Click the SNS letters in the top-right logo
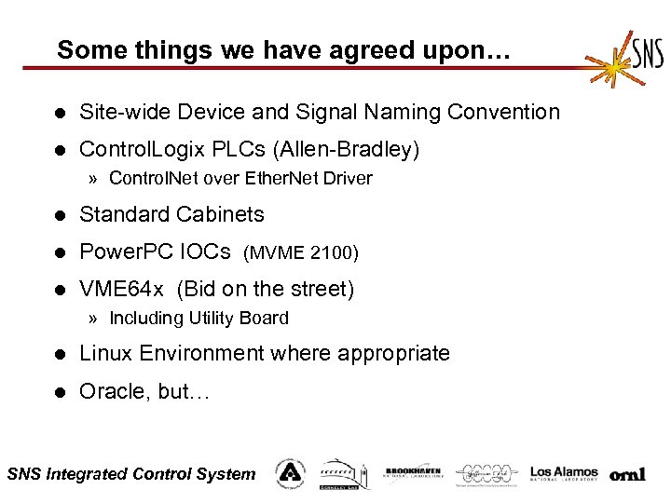647,50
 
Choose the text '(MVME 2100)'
301,252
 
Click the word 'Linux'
106,354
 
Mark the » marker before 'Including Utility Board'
94,319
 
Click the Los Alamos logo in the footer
563,473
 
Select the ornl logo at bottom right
627,475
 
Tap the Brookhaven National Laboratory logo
413,473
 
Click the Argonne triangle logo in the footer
290,473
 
